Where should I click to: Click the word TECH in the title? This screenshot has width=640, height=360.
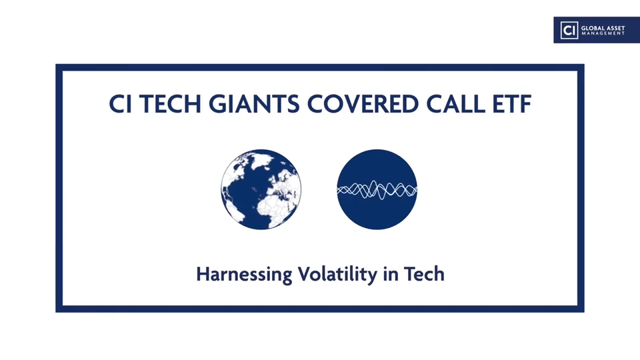pyautogui.click(x=170, y=104)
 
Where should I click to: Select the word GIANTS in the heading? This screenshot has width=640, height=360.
pyautogui.click(x=254, y=104)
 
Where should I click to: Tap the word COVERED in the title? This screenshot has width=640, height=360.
pyautogui.click(x=363, y=104)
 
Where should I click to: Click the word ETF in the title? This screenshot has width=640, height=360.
pyautogui.click(x=512, y=104)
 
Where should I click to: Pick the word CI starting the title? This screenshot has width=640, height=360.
pyautogui.click(x=120, y=104)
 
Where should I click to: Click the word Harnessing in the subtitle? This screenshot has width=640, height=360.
pyautogui.click(x=244, y=274)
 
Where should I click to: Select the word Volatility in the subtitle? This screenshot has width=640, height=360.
pyautogui.click(x=337, y=274)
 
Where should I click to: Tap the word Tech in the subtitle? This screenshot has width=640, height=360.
pyautogui.click(x=424, y=273)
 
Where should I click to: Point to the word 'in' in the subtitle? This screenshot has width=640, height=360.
pyautogui.click(x=391, y=273)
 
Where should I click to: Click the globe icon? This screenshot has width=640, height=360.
pyautogui.click(x=261, y=189)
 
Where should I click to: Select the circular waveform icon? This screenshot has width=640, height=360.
pyautogui.click(x=377, y=189)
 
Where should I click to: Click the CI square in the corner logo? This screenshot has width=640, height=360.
pyautogui.click(x=569, y=30)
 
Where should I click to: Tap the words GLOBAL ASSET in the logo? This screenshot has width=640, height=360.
pyautogui.click(x=603, y=28)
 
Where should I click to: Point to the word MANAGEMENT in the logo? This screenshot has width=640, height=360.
pyautogui.click(x=603, y=33)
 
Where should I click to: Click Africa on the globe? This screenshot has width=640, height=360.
pyautogui.click(x=277, y=204)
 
